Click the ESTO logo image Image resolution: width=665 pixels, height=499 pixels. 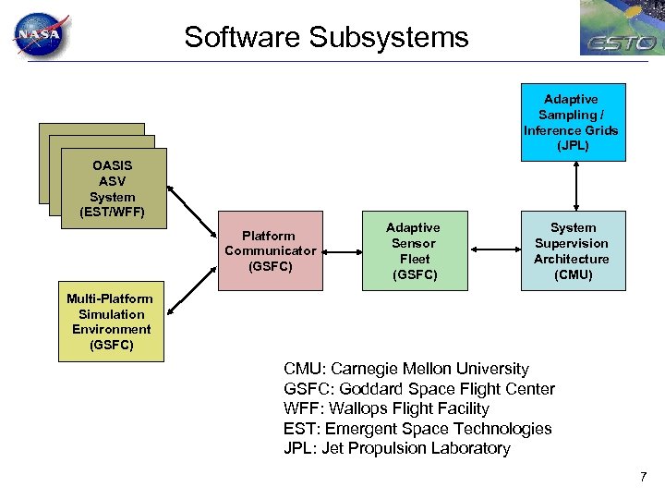[622, 29]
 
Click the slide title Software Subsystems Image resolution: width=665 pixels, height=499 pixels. [326, 38]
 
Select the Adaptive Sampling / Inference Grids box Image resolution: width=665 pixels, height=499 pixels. [571, 122]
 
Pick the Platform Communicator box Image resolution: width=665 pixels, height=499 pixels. [270, 250]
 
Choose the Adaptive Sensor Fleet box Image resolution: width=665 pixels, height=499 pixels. [413, 250]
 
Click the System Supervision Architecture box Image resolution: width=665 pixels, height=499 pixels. [572, 250]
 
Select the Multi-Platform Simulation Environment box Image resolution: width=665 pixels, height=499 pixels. [111, 322]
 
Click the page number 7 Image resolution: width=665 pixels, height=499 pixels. [643, 477]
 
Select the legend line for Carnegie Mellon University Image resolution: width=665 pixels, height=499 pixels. [406, 369]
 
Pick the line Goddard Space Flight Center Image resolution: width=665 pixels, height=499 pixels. [419, 389]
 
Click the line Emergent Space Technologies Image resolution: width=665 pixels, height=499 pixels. [417, 429]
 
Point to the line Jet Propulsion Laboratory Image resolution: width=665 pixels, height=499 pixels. [397, 448]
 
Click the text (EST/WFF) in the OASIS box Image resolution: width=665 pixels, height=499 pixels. [113, 213]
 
